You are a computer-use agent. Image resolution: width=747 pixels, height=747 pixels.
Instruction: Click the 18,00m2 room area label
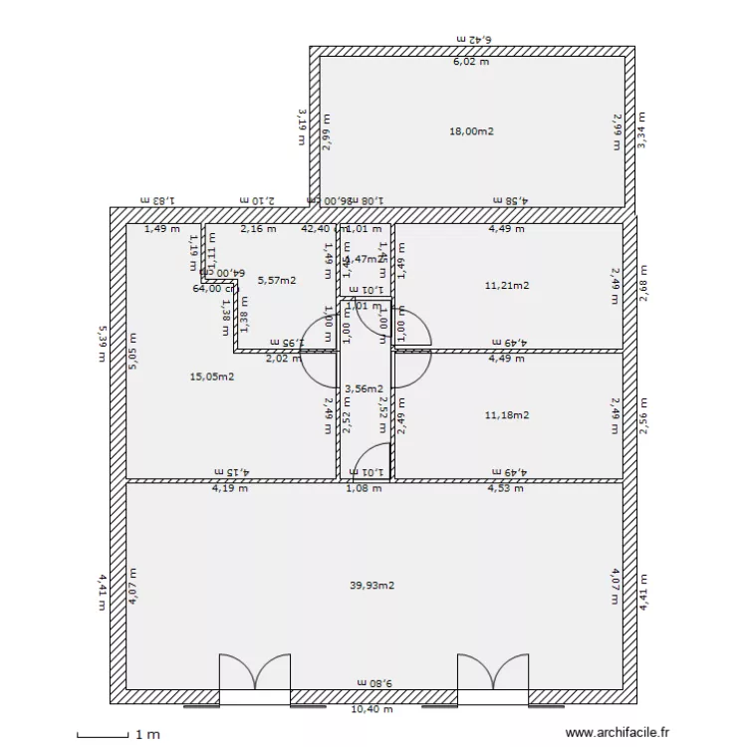[472, 131]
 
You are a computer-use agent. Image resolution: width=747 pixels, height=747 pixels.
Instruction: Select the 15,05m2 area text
[212, 376]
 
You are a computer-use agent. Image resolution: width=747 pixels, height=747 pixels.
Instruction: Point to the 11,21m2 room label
[507, 286]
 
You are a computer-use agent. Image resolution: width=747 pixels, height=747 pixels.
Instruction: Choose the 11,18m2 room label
[507, 415]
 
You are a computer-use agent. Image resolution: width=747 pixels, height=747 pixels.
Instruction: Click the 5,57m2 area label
[276, 281]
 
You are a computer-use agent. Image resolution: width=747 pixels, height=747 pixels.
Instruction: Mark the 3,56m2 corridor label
[364, 388]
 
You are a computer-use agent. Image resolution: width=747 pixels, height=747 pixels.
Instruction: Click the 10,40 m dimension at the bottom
[371, 710]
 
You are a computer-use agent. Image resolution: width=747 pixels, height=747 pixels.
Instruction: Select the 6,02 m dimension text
[472, 62]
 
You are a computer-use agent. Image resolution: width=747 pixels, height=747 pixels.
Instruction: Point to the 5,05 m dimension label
[132, 352]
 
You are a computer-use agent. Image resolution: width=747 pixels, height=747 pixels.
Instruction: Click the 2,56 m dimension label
[643, 414]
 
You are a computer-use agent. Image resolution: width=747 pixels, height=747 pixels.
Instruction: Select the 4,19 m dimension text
[229, 488]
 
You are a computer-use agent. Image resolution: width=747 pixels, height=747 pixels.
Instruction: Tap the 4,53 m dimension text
[507, 488]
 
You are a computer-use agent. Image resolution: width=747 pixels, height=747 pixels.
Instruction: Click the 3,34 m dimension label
[643, 130]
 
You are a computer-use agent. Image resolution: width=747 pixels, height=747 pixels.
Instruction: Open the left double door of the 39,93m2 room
[255, 672]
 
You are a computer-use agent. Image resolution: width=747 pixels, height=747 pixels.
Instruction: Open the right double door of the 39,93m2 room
[493, 672]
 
